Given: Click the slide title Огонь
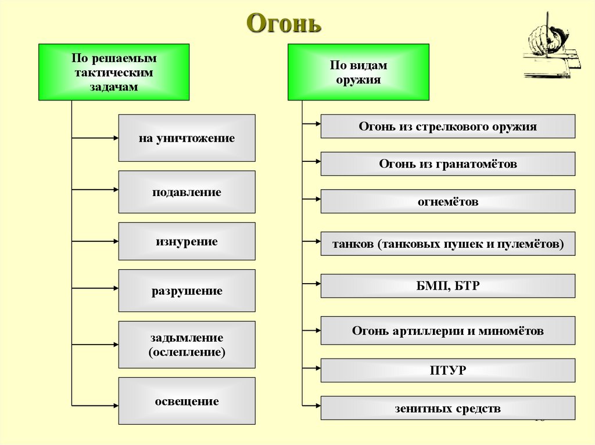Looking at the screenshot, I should point(284,24).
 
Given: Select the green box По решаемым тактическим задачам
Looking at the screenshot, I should point(114,72).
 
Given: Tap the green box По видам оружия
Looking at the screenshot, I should point(358,73).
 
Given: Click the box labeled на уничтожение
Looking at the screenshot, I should point(187,138).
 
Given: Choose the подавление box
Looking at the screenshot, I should point(187,192).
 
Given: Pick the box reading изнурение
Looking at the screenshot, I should point(187,241).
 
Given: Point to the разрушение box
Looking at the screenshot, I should point(187,291).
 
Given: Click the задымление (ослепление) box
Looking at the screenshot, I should point(187,345).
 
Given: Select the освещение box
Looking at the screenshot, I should point(187,401).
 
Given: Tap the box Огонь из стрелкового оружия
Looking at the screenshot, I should point(447,126).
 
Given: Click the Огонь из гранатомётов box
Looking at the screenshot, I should point(447,164).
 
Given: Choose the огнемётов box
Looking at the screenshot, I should point(447,201).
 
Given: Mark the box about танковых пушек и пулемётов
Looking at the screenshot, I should point(447,244).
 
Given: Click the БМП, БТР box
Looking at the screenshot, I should point(447,286).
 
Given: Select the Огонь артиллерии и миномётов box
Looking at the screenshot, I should point(447,331).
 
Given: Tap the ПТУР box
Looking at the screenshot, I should point(447,370).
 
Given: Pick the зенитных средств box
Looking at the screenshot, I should point(447,408).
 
